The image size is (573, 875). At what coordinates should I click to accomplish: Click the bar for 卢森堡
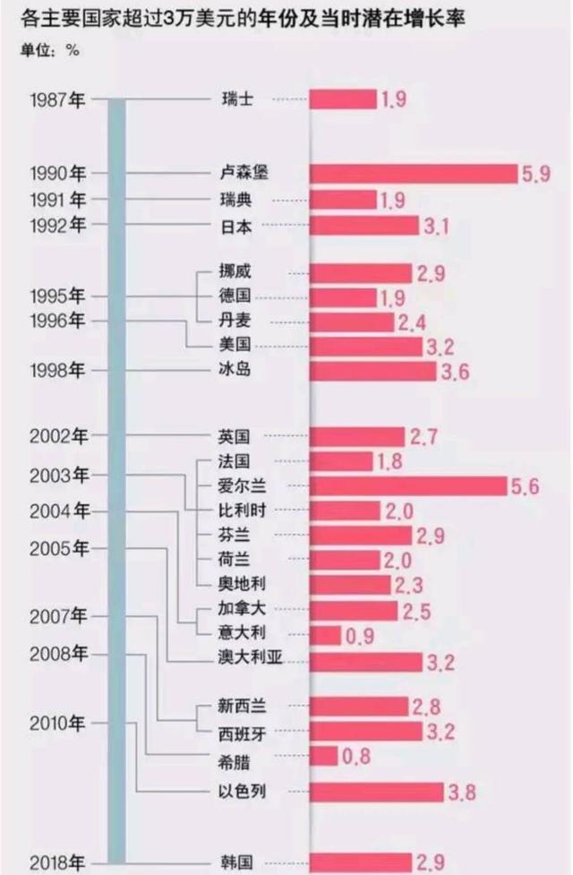414,174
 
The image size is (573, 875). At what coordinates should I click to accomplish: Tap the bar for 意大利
326,635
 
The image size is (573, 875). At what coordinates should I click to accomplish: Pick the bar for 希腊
323,757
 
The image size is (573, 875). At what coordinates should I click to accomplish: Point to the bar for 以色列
377,792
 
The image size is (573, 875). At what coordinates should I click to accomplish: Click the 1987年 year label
57,99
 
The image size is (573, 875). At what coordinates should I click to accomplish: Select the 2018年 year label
57,863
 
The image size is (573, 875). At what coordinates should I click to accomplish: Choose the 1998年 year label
57,370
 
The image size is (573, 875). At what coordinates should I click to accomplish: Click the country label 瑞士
236,99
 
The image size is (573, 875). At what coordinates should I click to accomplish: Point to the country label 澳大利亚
250,661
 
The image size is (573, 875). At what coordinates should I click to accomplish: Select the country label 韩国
236,863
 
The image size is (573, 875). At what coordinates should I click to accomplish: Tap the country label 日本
236,226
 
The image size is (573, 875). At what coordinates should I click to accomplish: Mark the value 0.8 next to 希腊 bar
355,758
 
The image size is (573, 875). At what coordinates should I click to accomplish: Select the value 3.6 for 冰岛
453,371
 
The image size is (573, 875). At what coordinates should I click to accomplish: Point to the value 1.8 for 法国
389,462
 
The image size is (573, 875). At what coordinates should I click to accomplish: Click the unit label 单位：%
50,49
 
